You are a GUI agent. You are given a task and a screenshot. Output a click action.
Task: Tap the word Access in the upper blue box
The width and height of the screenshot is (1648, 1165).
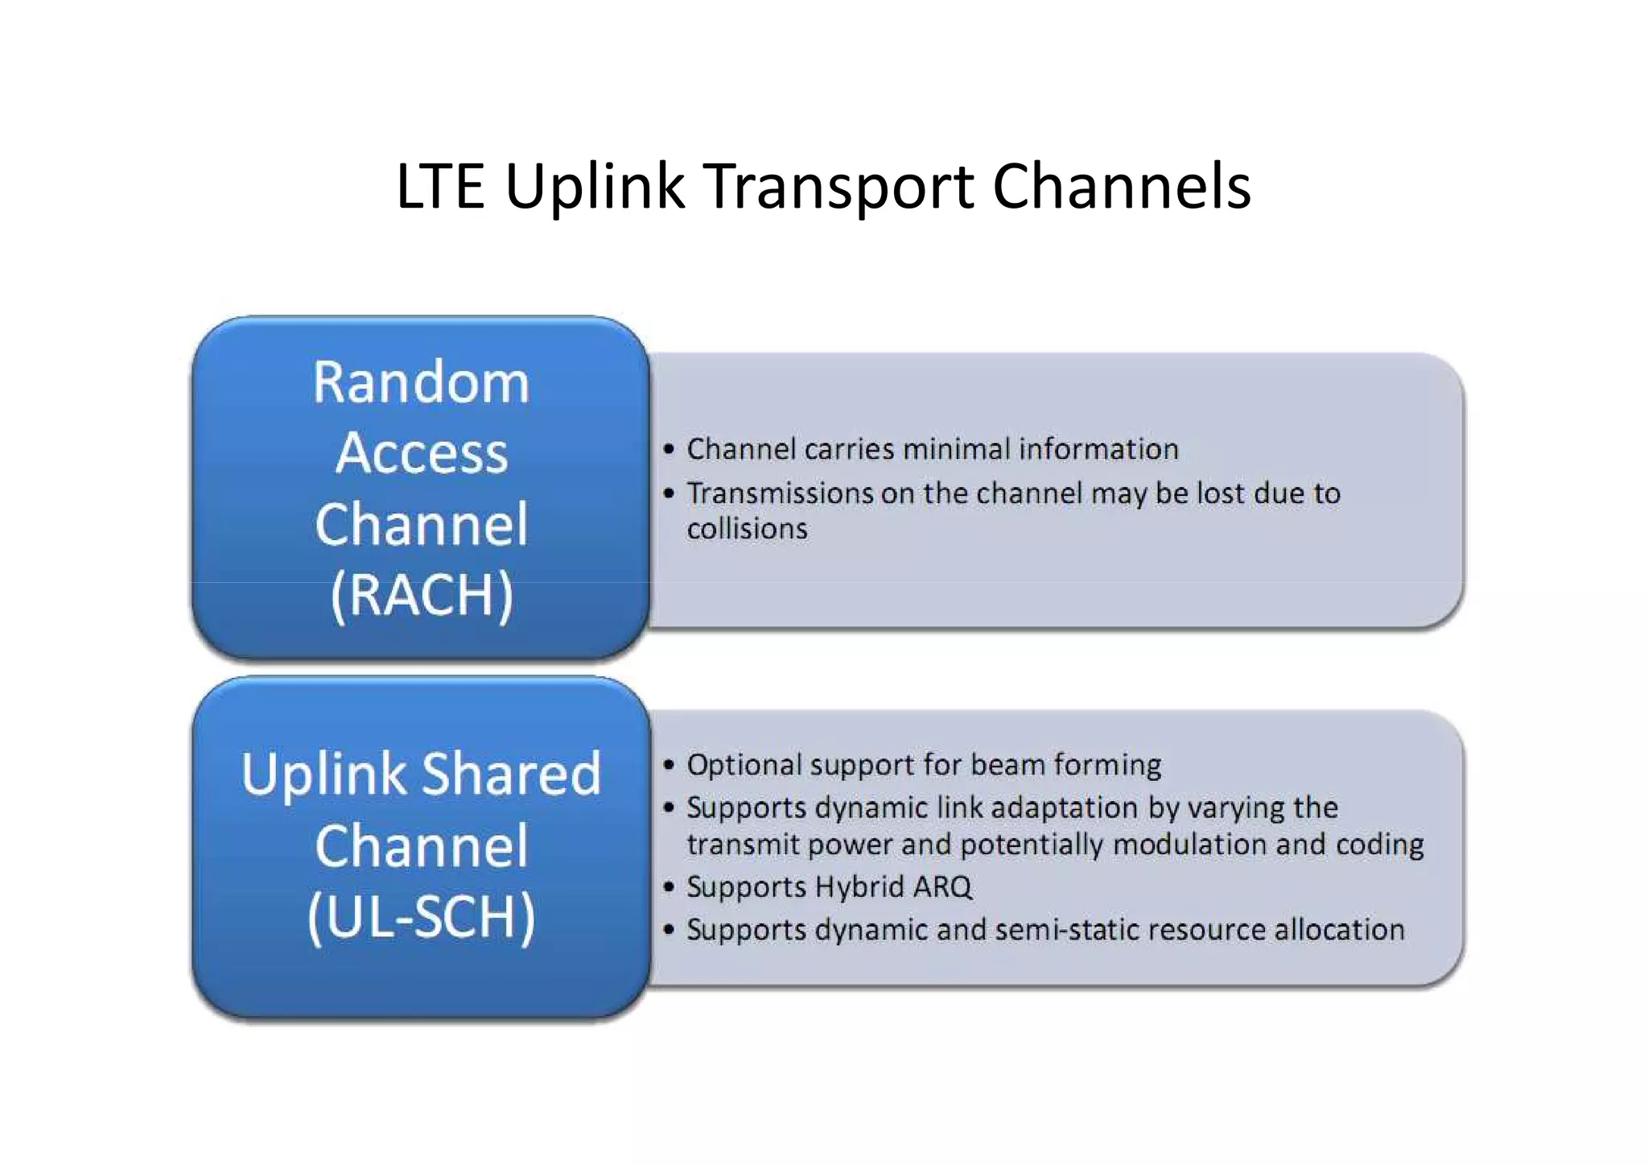tap(422, 453)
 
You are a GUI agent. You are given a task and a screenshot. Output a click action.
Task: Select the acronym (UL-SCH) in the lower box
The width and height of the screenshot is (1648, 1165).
tap(421, 917)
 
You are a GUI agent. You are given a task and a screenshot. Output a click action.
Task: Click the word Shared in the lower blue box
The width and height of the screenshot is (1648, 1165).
tap(511, 774)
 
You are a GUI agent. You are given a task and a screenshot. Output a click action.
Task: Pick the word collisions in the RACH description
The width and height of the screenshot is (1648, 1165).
tap(747, 529)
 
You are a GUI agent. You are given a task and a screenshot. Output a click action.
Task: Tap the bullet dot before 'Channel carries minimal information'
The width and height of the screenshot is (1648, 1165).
tap(669, 449)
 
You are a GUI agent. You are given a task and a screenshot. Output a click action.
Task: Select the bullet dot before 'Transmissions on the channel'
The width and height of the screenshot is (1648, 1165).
tap(669, 493)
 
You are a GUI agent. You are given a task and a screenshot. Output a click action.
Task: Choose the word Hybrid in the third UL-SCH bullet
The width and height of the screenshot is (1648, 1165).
tap(859, 887)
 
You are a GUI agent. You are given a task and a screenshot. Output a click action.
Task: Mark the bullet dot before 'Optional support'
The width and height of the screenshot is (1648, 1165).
tap(669, 765)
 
